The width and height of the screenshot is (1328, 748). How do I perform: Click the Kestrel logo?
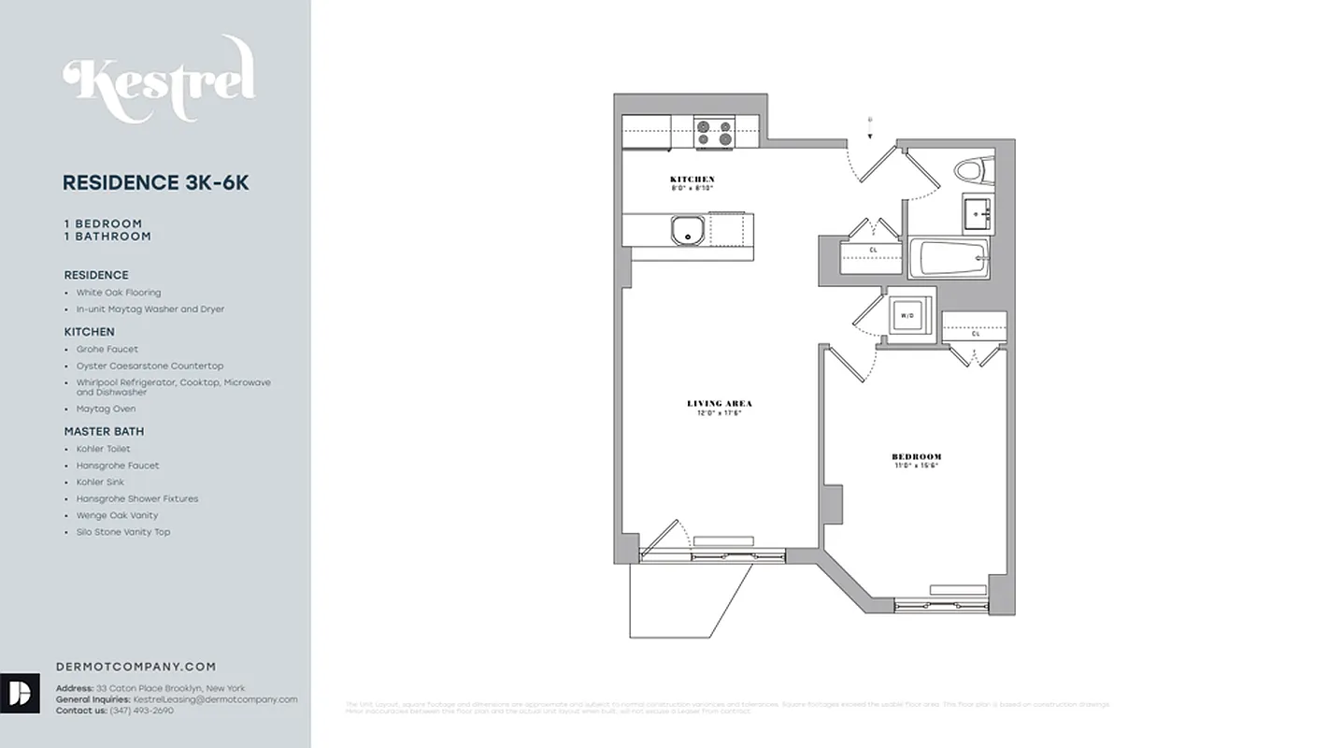[159, 79]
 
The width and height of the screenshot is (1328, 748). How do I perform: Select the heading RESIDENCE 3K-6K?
[156, 183]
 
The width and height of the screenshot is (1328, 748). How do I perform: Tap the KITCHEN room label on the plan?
[693, 180]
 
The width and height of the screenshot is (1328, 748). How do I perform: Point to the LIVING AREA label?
[720, 404]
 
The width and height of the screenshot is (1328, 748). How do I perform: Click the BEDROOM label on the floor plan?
[916, 457]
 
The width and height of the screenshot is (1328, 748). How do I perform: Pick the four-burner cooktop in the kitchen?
[714, 133]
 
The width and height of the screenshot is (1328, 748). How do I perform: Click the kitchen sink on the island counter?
[689, 230]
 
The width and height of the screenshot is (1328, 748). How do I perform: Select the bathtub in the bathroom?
[949, 257]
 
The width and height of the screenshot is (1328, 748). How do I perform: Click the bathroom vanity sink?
[978, 213]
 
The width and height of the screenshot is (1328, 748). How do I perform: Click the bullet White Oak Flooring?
[119, 293]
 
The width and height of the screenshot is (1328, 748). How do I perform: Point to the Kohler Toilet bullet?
[104, 449]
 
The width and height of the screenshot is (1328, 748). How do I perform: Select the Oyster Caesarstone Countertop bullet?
[150, 367]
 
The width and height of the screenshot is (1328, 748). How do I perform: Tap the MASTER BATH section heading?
[104, 431]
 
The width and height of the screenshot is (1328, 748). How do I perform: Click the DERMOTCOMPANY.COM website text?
[136, 667]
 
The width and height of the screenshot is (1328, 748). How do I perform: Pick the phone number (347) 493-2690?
[141, 711]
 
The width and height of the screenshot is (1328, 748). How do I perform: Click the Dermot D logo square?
[20, 693]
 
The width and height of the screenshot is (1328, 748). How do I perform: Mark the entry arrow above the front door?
[870, 127]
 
